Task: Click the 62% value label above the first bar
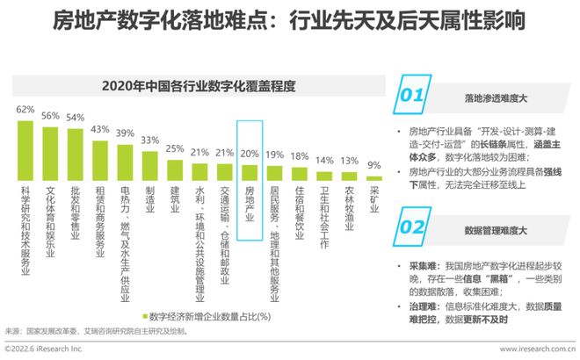[25, 110]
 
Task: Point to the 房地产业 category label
[250, 205]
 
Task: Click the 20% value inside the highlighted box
[250, 153]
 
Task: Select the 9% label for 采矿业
[373, 164]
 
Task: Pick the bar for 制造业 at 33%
[150, 162]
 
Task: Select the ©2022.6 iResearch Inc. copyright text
[43, 349]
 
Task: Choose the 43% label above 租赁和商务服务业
[100, 128]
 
